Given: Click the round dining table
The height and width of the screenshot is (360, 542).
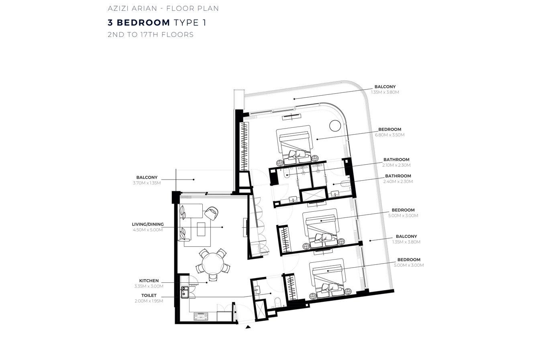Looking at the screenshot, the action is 213,264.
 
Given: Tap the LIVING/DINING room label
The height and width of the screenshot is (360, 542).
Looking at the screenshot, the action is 148,225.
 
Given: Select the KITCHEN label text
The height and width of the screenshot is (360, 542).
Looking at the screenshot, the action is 149,280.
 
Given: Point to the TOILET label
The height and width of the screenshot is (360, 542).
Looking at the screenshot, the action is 149,295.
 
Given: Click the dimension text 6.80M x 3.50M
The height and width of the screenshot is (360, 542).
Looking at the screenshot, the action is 390,135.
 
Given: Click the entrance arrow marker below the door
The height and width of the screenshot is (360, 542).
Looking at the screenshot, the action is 248,327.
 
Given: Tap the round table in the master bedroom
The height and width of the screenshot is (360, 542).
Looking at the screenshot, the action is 335,126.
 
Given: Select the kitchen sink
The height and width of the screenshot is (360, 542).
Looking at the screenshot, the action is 185,292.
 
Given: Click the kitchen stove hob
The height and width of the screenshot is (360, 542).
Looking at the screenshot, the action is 201,316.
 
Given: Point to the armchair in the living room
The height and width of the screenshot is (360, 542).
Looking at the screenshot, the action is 212,213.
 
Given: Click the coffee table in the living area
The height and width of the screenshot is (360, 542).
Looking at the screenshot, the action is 201,229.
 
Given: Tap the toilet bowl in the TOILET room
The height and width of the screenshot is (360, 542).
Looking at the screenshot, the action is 277,302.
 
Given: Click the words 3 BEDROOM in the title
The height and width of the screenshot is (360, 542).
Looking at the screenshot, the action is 139,22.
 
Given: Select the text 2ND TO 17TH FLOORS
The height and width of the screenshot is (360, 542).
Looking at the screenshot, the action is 151,35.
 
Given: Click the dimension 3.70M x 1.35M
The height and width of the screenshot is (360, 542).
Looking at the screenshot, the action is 147,183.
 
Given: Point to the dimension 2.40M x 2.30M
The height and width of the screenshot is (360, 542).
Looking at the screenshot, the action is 398,181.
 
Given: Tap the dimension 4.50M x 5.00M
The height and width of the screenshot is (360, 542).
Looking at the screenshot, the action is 148,230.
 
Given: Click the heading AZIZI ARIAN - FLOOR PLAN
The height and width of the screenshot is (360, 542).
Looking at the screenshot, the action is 163,8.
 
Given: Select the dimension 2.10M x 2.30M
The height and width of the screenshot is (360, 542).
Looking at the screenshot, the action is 396,165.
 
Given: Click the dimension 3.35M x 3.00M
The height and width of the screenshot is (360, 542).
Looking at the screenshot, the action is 149,286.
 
